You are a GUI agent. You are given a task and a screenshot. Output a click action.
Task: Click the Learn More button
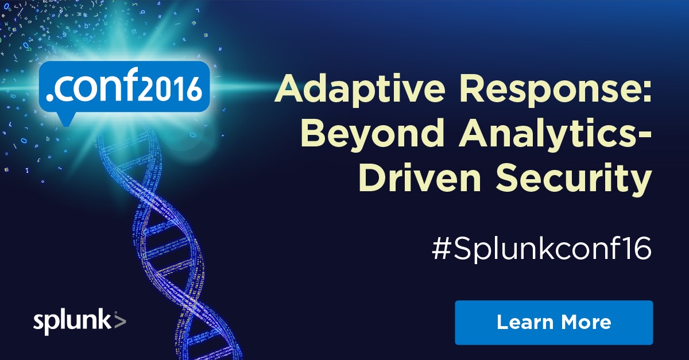point(554,323)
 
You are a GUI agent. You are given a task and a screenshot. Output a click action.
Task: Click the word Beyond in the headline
point(373,136)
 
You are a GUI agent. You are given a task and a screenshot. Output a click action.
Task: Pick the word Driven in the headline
point(420,179)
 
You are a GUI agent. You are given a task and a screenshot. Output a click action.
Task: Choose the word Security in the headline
point(574,181)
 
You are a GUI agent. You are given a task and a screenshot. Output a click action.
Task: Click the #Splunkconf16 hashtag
point(541,249)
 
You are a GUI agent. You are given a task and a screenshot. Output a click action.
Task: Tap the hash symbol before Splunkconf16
point(442,249)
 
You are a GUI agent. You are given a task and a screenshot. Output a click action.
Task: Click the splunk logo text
point(72,322)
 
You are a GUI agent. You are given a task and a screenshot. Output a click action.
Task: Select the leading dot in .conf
point(49,98)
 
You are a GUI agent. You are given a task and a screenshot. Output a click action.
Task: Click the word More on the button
point(586,322)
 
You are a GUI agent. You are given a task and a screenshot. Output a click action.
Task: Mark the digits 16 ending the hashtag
point(639,248)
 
